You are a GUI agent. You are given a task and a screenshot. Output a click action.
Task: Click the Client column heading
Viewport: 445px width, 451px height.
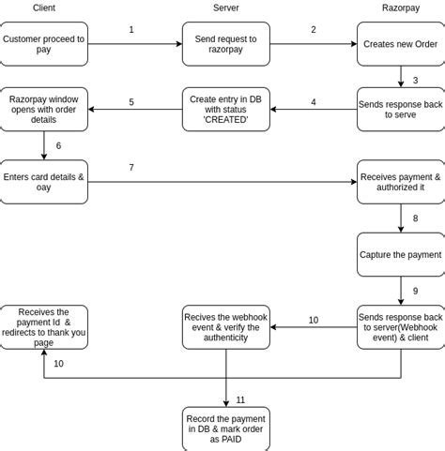pyautogui.click(x=43, y=8)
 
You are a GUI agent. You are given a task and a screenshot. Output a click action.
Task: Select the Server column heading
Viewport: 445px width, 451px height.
pyautogui.click(x=225, y=8)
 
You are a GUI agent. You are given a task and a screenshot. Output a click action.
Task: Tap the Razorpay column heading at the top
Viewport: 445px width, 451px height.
pyautogui.click(x=401, y=8)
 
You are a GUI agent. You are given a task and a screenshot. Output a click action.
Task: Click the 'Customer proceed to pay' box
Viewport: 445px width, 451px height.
pyautogui.click(x=43, y=44)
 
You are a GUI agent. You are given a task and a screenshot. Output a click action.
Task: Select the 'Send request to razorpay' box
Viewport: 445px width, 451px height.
pyautogui.click(x=225, y=44)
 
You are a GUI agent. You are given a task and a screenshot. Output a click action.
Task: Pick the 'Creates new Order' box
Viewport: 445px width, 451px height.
pyautogui.click(x=401, y=44)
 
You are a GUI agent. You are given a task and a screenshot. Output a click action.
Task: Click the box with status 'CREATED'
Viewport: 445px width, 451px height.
pyautogui.click(x=225, y=109)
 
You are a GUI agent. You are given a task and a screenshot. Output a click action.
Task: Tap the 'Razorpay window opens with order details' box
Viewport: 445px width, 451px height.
pyautogui.click(x=43, y=109)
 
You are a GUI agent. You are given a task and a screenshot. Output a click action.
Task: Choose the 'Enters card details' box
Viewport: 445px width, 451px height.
pyautogui.click(x=43, y=181)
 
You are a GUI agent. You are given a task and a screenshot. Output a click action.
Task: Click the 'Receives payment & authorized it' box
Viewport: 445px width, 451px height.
pyautogui.click(x=401, y=181)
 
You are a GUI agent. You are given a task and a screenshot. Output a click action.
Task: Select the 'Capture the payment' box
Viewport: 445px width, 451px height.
pyautogui.click(x=401, y=254)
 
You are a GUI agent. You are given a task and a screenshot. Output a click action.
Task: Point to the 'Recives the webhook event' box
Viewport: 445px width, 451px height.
pyautogui.click(x=225, y=326)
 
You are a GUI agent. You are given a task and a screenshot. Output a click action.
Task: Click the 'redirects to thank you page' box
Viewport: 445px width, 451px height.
pyautogui.click(x=43, y=326)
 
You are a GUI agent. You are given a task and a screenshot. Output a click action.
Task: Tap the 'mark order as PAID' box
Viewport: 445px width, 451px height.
pyautogui.click(x=225, y=428)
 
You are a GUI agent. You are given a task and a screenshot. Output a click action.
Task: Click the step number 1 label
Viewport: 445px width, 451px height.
pyautogui.click(x=131, y=30)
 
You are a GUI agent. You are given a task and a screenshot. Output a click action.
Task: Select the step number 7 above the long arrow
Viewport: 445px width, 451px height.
pyautogui.click(x=131, y=168)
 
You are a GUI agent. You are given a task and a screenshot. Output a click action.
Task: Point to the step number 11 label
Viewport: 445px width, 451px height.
pyautogui.click(x=240, y=399)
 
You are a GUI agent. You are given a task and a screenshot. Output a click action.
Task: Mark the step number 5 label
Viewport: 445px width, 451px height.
pyautogui.click(x=131, y=102)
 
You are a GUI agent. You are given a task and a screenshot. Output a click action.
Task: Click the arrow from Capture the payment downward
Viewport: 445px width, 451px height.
pyautogui.click(x=401, y=290)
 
